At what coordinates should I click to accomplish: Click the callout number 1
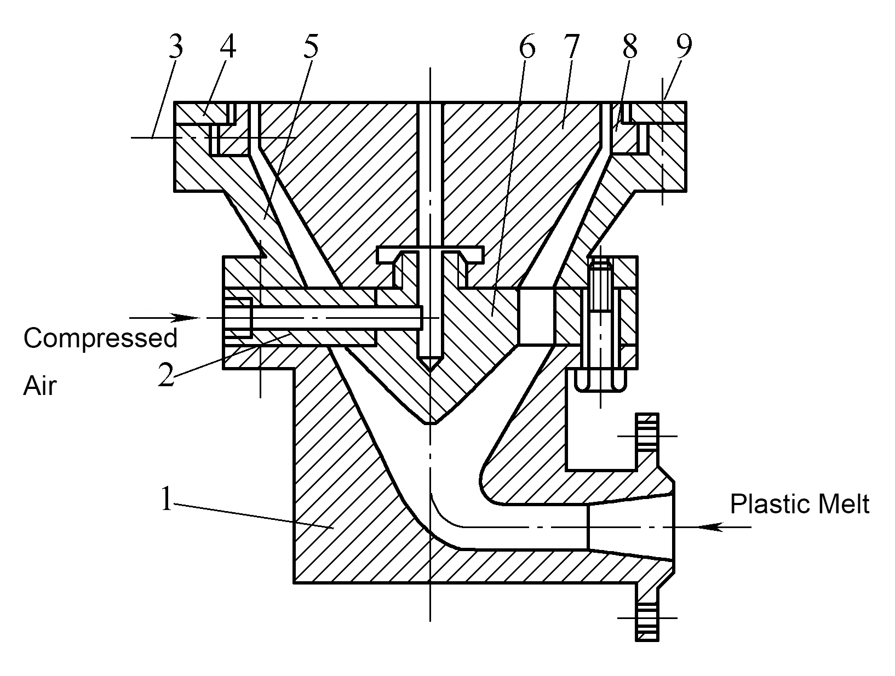[x=167, y=498]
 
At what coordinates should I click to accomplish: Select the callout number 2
[x=167, y=375]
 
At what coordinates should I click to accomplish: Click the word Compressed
[x=100, y=338]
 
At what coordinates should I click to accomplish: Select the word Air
[x=39, y=385]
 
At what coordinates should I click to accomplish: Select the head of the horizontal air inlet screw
[x=237, y=318]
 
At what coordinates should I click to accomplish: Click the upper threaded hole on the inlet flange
[x=647, y=436]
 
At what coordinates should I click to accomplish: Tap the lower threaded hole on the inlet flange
[x=647, y=618]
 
